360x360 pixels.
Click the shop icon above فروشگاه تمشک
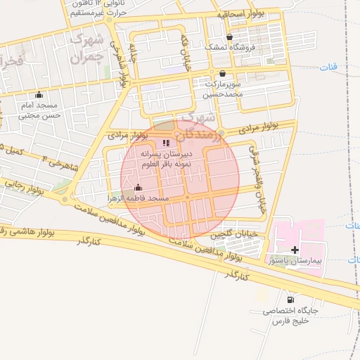229,37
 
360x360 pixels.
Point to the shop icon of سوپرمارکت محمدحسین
223,73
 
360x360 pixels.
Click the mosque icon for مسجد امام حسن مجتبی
39,95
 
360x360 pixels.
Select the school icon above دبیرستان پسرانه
166,143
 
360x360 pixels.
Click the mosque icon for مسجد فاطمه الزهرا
138,188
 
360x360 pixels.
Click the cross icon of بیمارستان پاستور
295,249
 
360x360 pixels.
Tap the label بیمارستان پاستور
300,260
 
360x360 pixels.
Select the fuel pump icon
290,299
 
